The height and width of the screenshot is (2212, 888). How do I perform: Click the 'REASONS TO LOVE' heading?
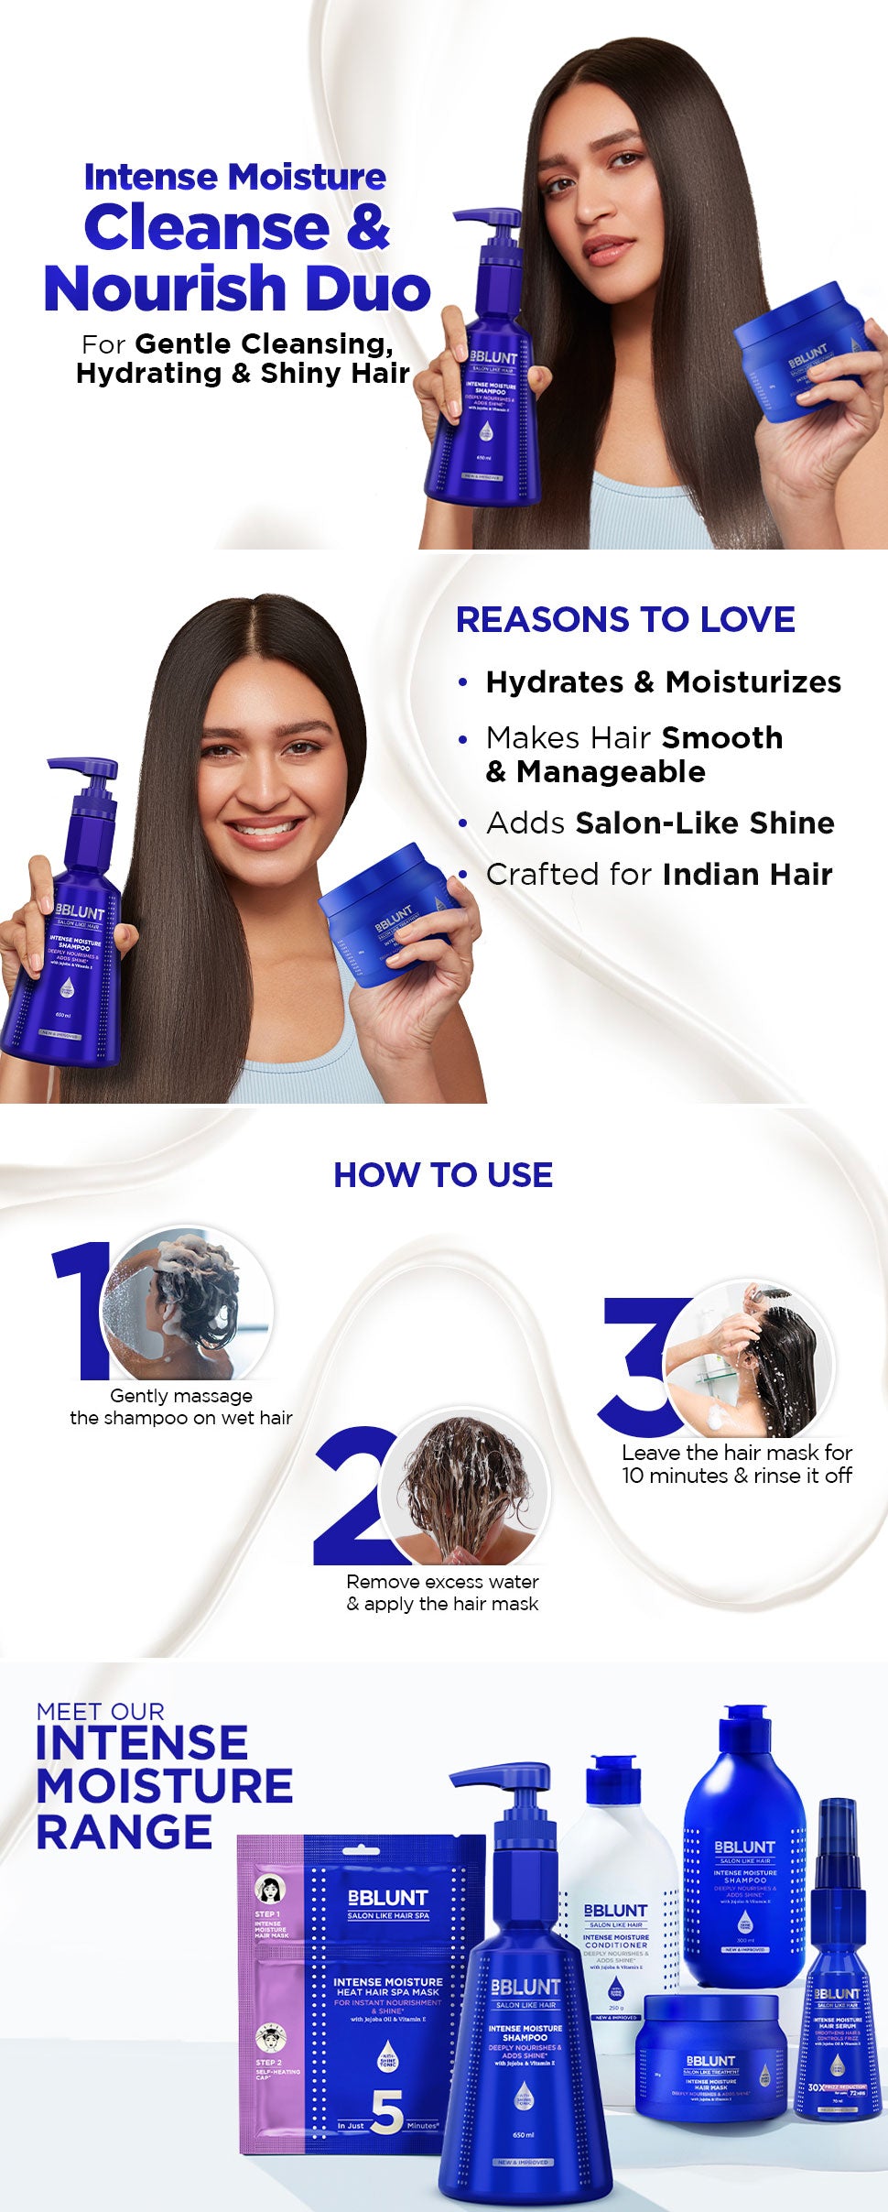click(625, 620)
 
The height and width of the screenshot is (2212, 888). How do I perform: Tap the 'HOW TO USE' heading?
click(443, 1175)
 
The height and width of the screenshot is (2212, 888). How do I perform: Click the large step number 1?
click(82, 1310)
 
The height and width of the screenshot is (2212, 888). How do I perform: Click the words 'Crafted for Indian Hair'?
click(659, 875)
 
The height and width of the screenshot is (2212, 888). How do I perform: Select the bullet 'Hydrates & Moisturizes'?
click(663, 682)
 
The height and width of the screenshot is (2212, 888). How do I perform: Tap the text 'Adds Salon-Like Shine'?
click(659, 823)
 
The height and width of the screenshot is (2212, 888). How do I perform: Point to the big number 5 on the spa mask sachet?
click(386, 2112)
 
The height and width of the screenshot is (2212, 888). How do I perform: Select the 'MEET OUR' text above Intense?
click(101, 1711)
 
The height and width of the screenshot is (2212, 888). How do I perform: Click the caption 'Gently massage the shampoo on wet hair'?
click(181, 1407)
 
